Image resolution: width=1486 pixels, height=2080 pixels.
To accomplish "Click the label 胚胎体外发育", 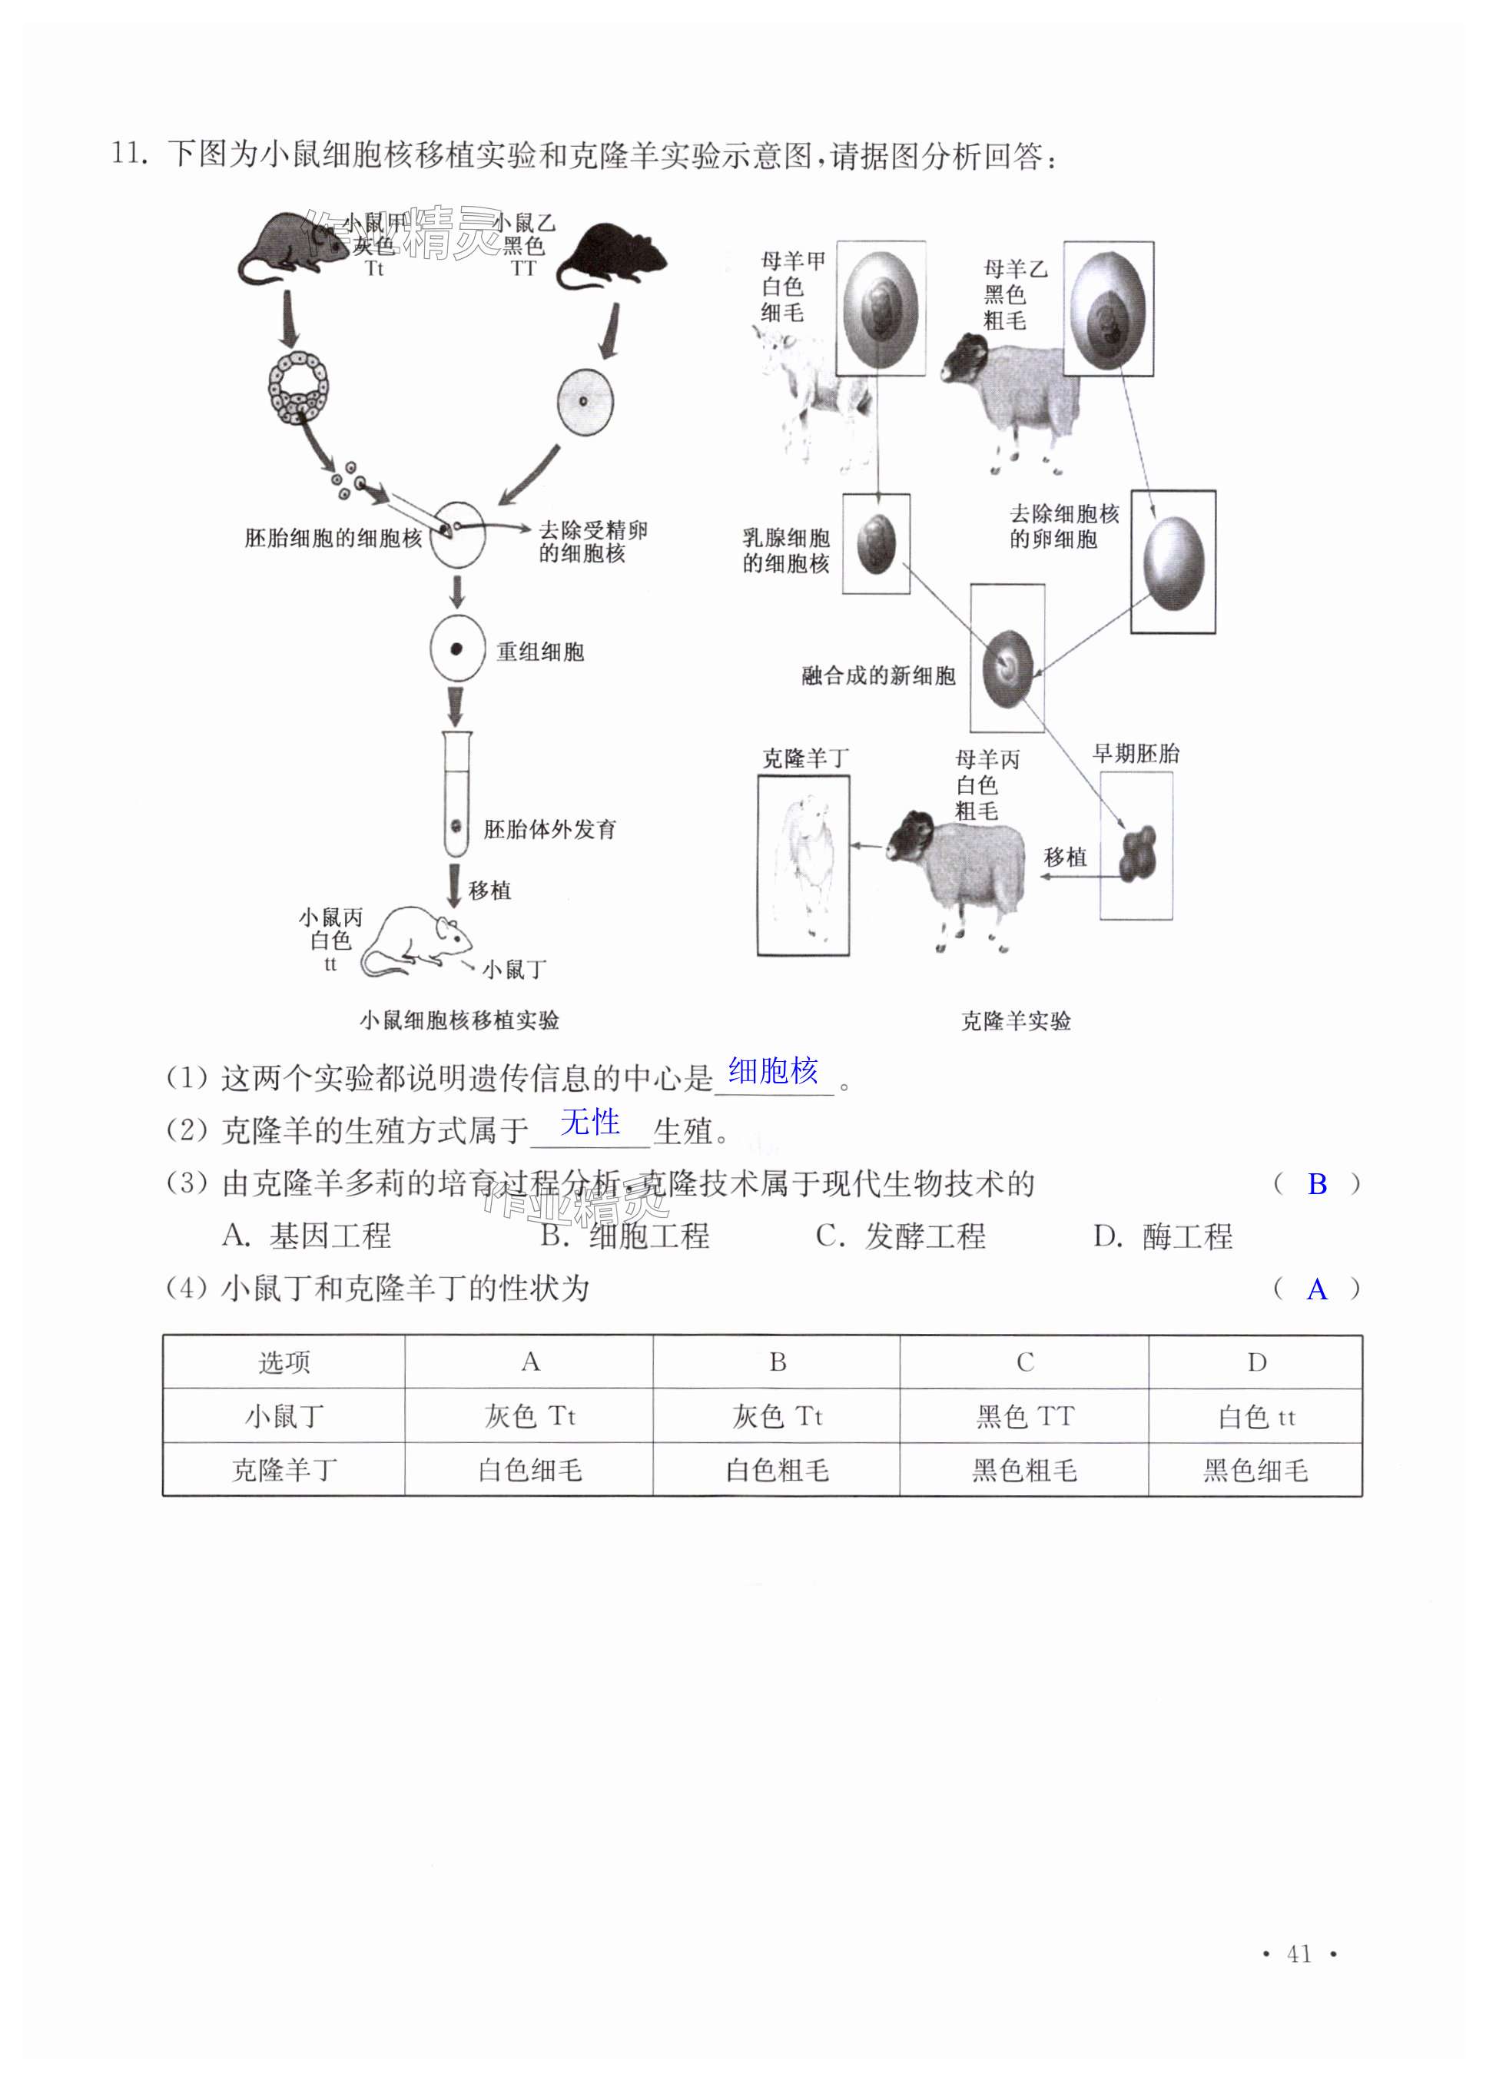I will [x=549, y=829].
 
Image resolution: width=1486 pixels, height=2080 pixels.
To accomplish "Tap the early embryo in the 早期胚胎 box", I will [x=1138, y=854].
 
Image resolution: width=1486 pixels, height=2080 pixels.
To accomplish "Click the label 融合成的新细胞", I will [x=877, y=675].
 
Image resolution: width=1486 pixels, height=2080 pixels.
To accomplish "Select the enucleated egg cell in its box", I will [x=1173, y=562].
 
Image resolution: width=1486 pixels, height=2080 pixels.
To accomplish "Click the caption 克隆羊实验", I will [x=1015, y=1020].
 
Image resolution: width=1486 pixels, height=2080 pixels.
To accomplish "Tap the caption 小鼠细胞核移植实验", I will [x=459, y=1020].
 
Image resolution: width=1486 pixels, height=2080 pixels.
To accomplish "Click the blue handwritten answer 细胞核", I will [x=772, y=1070].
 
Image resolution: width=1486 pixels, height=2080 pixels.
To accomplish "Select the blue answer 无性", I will [x=589, y=1122].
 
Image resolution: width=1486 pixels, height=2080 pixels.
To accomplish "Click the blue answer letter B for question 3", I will [x=1317, y=1184].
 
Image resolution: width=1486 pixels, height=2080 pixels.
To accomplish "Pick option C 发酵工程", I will [x=901, y=1236].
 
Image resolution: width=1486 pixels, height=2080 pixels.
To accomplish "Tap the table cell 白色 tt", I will [x=1255, y=1417].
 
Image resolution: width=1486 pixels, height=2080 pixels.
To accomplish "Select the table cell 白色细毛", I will [x=530, y=1470].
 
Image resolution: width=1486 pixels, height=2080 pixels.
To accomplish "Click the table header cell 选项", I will [x=284, y=1362].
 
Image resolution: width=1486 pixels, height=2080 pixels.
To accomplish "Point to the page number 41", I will [x=1299, y=1954].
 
